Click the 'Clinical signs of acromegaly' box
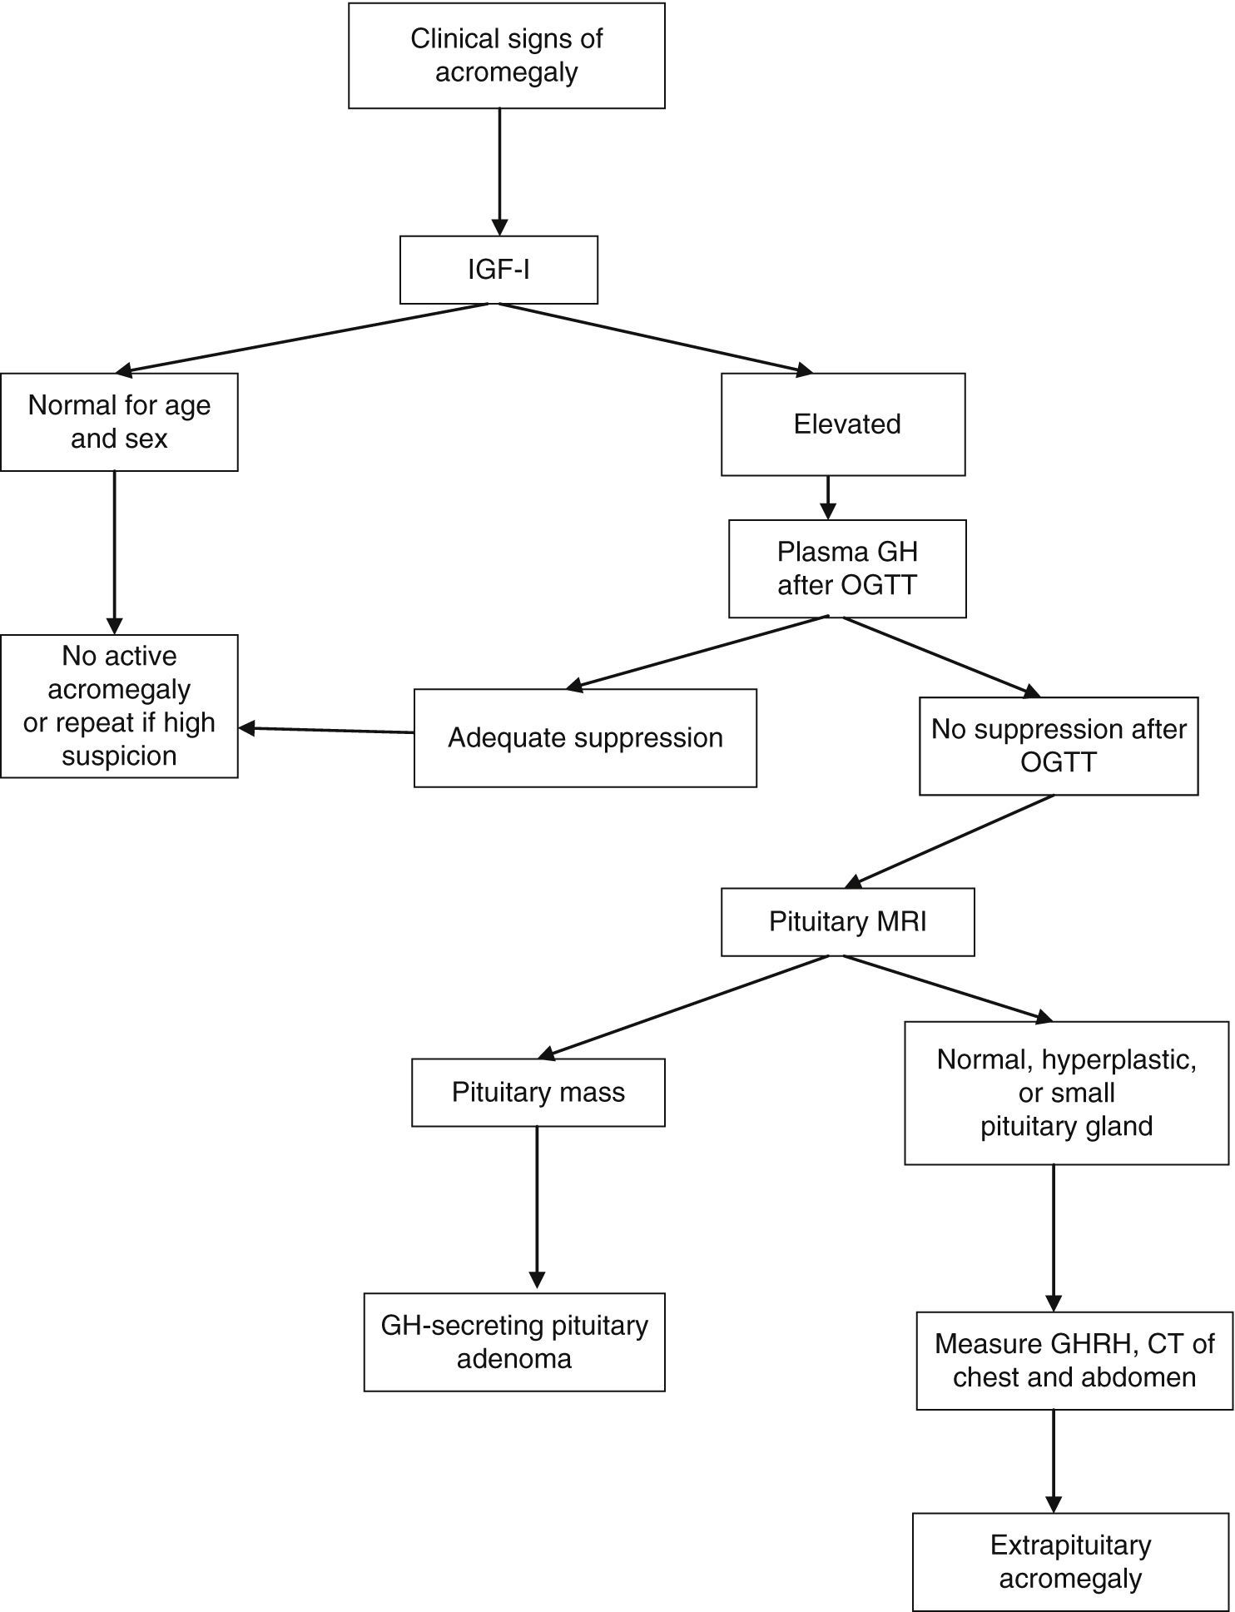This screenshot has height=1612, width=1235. tap(506, 56)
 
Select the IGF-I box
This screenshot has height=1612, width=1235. tap(498, 270)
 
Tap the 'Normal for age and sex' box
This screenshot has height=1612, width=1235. tap(119, 422)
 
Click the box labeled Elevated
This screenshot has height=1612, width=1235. tap(843, 424)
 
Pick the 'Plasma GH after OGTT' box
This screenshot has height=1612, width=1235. tap(847, 568)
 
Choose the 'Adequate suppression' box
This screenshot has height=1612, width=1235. tap(585, 737)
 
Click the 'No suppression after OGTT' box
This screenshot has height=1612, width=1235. tap(1059, 746)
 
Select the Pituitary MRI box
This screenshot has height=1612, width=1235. tap(847, 921)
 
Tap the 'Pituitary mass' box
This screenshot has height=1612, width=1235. tap(538, 1092)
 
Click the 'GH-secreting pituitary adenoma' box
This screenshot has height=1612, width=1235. tap(514, 1342)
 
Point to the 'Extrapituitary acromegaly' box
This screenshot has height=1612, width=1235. tap(1070, 1561)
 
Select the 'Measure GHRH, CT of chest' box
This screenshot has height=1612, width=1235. tap(1074, 1360)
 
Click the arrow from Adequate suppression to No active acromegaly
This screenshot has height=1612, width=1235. tap(326, 730)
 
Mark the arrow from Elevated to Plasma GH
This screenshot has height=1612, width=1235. tap(827, 497)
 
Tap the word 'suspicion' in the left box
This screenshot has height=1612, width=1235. tap(119, 756)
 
